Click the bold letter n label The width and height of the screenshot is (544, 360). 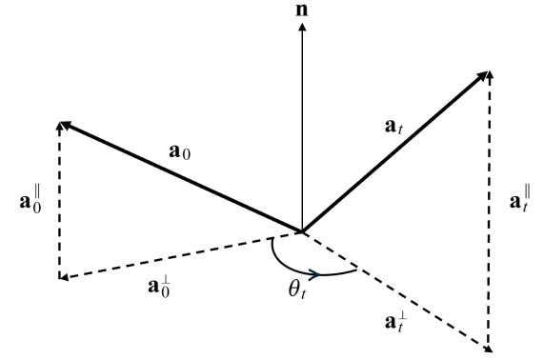(x=302, y=12)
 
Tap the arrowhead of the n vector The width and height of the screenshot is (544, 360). (x=302, y=28)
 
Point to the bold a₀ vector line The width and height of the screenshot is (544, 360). (x=181, y=176)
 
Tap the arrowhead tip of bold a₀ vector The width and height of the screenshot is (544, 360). (x=62, y=124)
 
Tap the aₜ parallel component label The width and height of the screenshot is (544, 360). (x=515, y=203)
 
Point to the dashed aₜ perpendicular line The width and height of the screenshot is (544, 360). (x=395, y=290)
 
